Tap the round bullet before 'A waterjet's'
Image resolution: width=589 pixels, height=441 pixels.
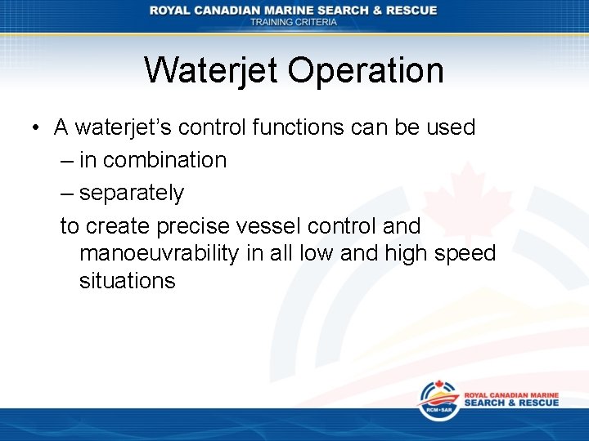click(37, 129)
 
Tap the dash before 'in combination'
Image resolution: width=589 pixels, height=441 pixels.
click(66, 161)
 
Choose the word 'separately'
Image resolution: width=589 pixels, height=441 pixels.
click(132, 194)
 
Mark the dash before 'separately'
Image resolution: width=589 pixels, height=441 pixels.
click(66, 194)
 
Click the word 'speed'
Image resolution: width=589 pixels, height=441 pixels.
click(465, 254)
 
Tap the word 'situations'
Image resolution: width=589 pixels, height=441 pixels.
click(127, 281)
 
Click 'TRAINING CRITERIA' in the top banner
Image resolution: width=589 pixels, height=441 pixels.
click(294, 22)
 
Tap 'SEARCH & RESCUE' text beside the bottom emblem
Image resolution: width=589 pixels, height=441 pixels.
click(512, 403)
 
